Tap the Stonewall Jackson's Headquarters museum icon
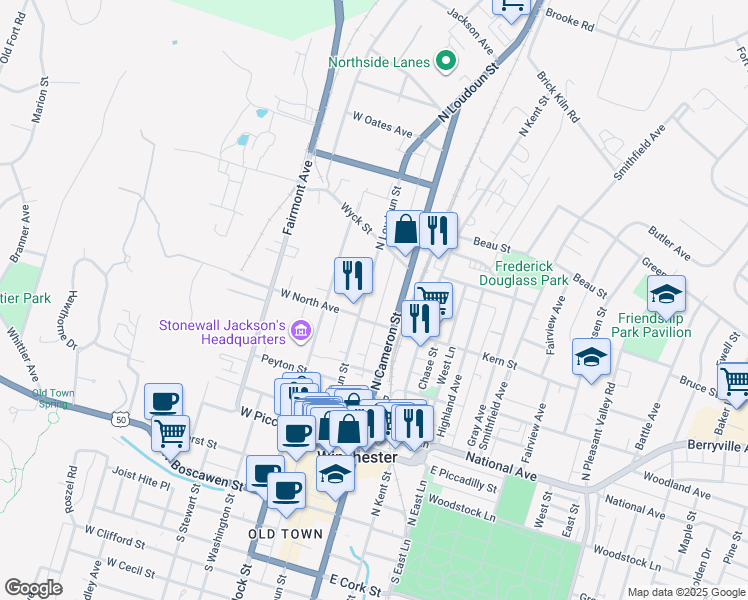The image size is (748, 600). click(302, 328)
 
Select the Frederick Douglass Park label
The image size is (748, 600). click(531, 274)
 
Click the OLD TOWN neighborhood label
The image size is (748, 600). click(285, 534)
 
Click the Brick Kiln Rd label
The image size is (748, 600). click(558, 95)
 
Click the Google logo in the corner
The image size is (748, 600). click(33, 587)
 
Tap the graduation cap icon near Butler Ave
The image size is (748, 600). click(666, 294)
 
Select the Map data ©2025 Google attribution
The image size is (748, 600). click(685, 592)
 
